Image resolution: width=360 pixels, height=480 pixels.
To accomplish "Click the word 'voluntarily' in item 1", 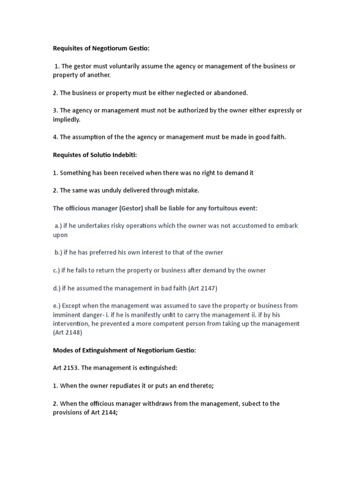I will [x=124, y=66].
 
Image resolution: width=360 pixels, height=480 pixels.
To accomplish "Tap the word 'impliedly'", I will [x=66, y=120].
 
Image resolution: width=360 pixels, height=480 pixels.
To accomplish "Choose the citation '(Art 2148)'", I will [x=67, y=332].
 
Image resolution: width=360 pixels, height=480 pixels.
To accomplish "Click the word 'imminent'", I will [x=66, y=315].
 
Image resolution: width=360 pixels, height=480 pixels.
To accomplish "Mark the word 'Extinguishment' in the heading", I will [x=103, y=350].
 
